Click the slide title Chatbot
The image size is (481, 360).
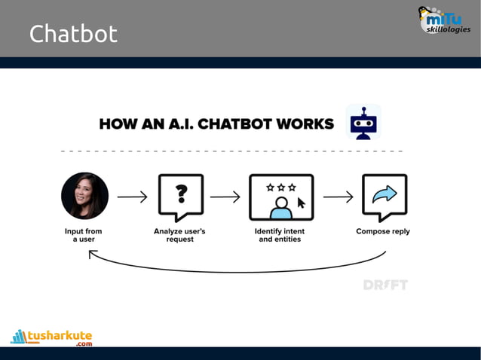coord(73,34)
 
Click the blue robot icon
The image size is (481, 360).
coord(363,122)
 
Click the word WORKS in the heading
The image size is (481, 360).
coord(306,124)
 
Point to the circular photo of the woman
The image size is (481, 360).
coord(84,196)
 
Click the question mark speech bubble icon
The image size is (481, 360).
coord(180,197)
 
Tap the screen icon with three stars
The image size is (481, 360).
coord(281,197)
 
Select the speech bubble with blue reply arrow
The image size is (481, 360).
coord(384,197)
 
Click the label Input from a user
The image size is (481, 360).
coord(84,235)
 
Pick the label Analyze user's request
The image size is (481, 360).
coord(180,235)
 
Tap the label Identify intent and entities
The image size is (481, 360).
coord(280,235)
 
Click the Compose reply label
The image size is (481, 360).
coord(383,231)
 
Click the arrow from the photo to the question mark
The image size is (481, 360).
coord(132,197)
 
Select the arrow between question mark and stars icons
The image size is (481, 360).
coord(225,197)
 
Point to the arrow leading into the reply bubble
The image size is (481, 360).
coord(338,197)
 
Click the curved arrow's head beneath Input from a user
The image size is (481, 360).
coord(92,255)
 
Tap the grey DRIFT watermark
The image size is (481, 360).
coord(385,285)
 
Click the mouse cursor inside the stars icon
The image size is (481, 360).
coord(301,203)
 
